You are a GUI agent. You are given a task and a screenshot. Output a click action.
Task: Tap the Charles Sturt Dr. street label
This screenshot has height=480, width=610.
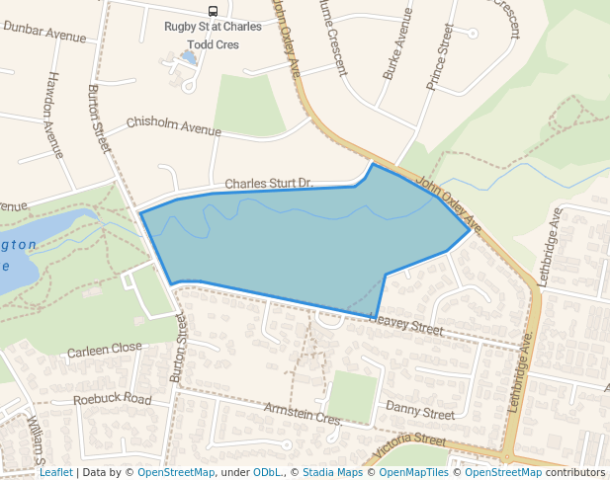coord(268,184)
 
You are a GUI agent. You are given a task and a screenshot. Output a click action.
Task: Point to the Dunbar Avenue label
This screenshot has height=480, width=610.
coord(44,32)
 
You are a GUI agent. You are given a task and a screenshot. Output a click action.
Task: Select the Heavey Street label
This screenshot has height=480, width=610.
coord(406,322)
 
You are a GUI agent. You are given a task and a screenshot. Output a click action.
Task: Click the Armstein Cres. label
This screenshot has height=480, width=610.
coord(303,415)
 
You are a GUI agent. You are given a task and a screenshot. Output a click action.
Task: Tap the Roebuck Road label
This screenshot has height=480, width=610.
coord(113,400)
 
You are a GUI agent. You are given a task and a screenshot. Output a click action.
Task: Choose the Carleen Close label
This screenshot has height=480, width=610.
coord(105,350)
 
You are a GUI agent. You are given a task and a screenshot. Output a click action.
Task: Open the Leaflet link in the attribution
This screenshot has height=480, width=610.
coord(56,472)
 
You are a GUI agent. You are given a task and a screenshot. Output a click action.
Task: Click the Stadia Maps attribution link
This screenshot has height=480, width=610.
coord(332,472)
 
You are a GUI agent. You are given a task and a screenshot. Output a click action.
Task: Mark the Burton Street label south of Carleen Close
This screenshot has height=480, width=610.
coord(179,350)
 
